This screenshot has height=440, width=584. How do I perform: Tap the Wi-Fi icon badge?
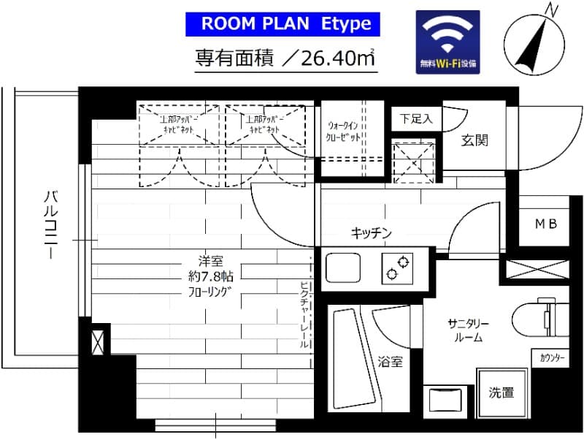tap(447, 42)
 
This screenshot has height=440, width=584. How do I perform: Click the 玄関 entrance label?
tap(474, 140)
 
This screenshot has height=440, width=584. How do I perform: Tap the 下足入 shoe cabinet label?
tap(415, 118)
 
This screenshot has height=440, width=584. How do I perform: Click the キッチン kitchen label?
tap(372, 233)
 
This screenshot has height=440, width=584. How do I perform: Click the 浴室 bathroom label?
tap(391, 362)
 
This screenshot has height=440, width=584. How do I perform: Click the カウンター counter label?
tap(553, 358)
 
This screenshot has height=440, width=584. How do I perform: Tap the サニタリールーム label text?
tap(468, 331)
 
